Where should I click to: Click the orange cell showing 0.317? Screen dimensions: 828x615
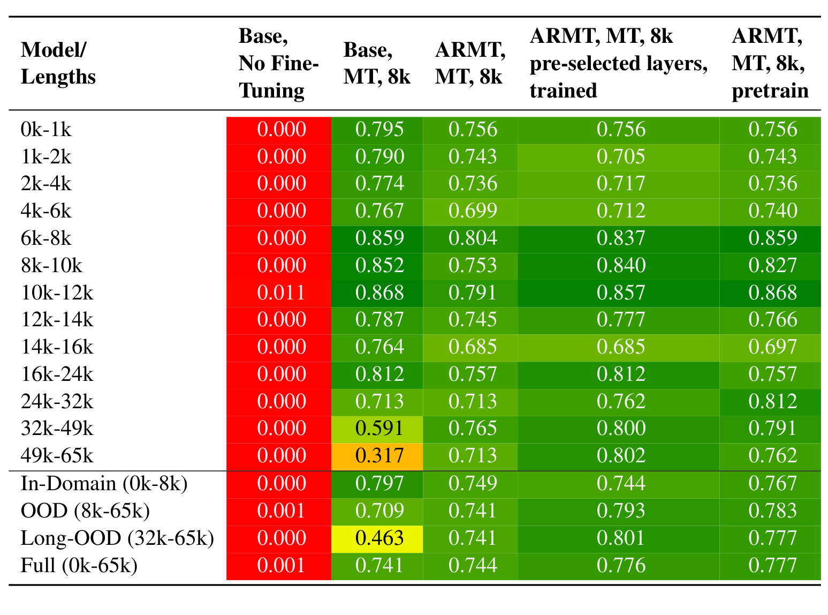(377, 456)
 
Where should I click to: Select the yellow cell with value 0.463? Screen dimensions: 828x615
(377, 539)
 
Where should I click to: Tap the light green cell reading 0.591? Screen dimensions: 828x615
(377, 429)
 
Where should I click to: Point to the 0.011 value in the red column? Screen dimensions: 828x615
(281, 292)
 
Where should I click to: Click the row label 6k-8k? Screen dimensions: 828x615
(46, 238)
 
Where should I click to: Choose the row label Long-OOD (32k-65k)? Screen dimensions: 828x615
(117, 538)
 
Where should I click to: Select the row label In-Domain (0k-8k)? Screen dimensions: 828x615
(104, 483)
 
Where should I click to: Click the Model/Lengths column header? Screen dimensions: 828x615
(58, 63)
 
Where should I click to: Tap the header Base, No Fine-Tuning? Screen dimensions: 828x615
(278, 63)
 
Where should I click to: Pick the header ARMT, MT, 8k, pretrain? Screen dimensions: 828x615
(770, 63)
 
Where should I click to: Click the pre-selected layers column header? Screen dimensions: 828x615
(619, 63)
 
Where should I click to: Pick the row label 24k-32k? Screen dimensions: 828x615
(57, 401)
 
